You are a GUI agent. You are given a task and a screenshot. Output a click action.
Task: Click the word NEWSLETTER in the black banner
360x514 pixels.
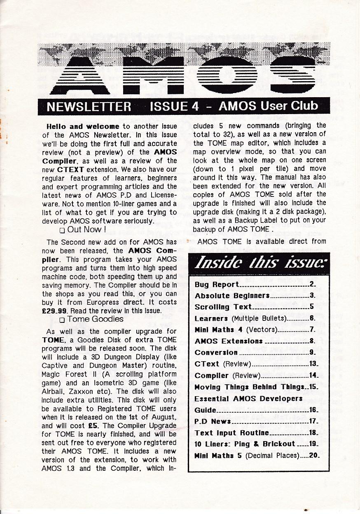[x=89, y=107]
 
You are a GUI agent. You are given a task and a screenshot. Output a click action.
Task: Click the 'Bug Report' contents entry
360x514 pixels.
[x=217, y=284]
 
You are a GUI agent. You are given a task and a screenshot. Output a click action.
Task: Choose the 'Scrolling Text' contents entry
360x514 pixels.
[x=223, y=307]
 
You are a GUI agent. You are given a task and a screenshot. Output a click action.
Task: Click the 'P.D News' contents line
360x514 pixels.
[x=213, y=421]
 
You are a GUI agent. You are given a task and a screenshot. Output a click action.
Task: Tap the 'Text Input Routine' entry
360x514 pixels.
[x=231, y=433]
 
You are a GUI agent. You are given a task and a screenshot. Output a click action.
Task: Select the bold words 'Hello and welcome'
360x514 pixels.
[x=83, y=126]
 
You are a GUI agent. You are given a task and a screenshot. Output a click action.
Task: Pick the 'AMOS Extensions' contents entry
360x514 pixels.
[x=228, y=341]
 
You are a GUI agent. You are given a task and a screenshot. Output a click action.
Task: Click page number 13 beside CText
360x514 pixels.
[x=314, y=364]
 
